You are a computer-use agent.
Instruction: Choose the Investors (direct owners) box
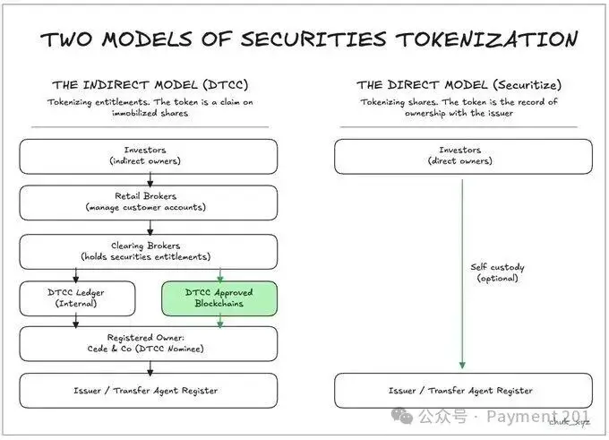click(x=462, y=156)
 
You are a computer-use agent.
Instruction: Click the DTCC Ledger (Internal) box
click(x=77, y=298)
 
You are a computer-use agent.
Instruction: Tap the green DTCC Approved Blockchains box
click(x=219, y=298)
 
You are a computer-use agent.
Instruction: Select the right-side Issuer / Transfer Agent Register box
click(x=462, y=391)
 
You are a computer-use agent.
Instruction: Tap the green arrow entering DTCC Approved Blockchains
click(x=219, y=274)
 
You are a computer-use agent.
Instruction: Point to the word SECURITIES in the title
click(x=315, y=40)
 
